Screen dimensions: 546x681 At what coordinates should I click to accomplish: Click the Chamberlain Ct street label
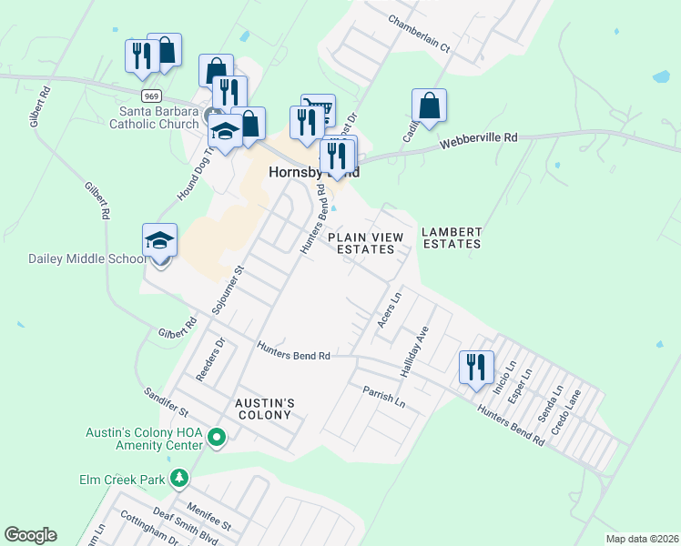tap(419, 33)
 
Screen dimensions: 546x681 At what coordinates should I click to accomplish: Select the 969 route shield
tap(151, 95)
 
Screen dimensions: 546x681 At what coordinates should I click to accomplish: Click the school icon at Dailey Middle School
tap(159, 241)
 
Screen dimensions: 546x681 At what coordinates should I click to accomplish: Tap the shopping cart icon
tap(318, 109)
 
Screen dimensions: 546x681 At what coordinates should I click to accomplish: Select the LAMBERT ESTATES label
tap(451, 238)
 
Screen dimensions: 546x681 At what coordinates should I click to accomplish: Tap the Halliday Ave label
tap(413, 354)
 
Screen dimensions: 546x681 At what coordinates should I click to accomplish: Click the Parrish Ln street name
tap(382, 396)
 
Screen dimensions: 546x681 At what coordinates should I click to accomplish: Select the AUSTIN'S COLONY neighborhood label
tap(263, 409)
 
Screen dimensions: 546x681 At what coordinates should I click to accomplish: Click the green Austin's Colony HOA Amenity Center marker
tap(216, 440)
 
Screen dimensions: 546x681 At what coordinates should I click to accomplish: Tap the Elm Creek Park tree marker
tap(180, 477)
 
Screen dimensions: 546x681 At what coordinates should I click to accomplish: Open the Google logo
tap(31, 535)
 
